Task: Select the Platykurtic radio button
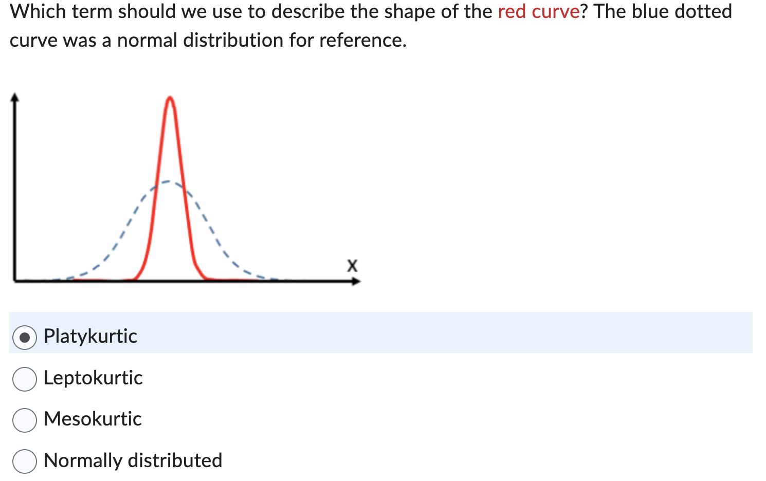pos(25,337)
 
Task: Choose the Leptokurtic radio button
pos(25,379)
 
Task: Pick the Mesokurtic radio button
pos(25,420)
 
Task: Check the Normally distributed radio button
pos(25,461)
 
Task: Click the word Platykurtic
pos(90,336)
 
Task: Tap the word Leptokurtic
pos(93,378)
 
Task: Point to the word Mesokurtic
pos(93,419)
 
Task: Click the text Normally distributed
pos(133,460)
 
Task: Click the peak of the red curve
pos(170,98)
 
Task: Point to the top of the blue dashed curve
pos(168,181)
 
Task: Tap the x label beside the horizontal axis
pos(352,266)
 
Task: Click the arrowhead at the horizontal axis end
pos(356,281)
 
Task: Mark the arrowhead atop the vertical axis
pos(15,97)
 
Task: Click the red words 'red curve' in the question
pos(539,11)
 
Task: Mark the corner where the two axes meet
pos(15,280)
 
